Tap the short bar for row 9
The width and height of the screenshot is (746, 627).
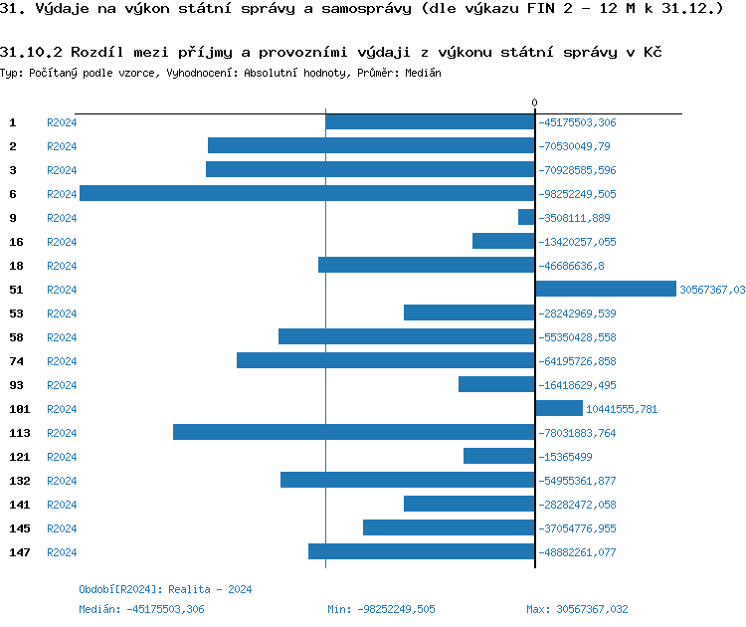click(x=526, y=217)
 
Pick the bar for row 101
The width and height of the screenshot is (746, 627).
click(x=559, y=408)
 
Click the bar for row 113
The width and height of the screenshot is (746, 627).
click(x=353, y=432)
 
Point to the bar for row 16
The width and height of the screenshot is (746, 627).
click(x=503, y=241)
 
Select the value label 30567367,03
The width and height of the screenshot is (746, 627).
click(x=711, y=290)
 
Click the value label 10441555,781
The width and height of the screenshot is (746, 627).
click(x=622, y=409)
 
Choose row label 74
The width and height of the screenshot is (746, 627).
click(x=16, y=361)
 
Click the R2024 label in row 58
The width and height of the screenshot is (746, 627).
click(x=62, y=337)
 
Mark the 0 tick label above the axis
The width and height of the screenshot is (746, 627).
click(x=534, y=103)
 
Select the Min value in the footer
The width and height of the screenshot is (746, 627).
click(x=381, y=609)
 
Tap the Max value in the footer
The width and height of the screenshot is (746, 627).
click(x=577, y=609)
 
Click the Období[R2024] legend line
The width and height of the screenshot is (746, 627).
click(x=165, y=589)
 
